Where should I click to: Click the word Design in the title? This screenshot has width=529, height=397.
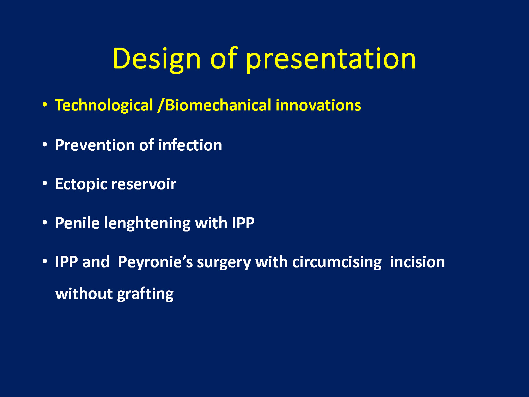pos(157,59)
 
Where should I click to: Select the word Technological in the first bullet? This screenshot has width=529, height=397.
pos(104,106)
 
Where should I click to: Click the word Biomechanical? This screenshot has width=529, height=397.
pos(218,105)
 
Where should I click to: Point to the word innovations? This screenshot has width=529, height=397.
pos(318,105)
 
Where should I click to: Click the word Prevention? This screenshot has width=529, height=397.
pos(95,145)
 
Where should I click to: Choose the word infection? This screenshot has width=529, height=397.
pos(190,145)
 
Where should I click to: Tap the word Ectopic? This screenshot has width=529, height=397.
pos(81,185)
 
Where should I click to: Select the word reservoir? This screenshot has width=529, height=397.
pos(144,185)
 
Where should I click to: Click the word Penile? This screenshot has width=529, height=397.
pos(77,223)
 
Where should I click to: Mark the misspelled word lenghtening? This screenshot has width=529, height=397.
pos(147,223)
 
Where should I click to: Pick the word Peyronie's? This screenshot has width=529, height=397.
pos(156,262)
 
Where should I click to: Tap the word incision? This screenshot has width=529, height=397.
pos(418,262)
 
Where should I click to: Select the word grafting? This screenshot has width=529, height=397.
pos(145,294)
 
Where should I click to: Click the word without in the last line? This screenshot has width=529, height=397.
pos(84,294)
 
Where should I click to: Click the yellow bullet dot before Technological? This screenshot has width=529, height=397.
pos(44,104)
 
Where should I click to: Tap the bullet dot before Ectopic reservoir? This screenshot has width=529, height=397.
pos(44,184)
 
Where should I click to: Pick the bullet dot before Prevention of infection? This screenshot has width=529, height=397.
pos(44,144)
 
